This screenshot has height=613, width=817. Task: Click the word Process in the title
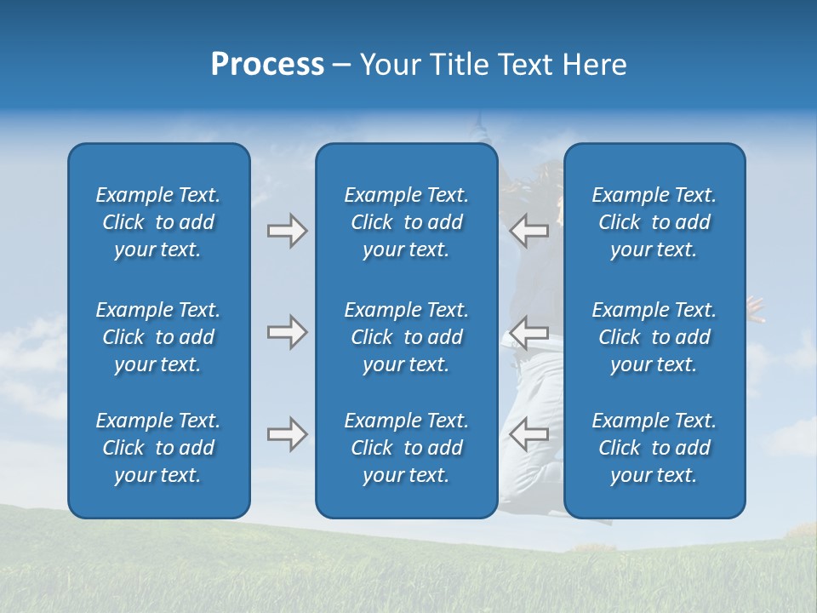tap(267, 65)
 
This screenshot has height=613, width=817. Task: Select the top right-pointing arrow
tap(287, 231)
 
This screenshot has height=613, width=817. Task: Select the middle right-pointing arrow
tap(287, 332)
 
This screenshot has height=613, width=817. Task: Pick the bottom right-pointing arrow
tap(287, 434)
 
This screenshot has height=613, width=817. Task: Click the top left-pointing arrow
tap(528, 231)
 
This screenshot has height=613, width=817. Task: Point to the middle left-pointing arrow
tap(528, 332)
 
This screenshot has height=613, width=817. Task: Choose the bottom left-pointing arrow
tap(528, 434)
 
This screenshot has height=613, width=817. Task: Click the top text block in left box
tap(158, 222)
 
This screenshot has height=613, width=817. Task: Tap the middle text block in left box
tap(158, 337)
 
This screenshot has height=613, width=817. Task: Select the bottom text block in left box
tap(158, 448)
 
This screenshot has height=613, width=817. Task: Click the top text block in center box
tap(407, 222)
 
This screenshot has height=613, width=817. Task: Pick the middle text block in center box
tap(407, 337)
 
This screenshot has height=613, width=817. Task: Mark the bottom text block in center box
tap(407, 448)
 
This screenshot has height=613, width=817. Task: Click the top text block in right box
tap(654, 222)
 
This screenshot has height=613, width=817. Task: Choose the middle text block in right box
tap(654, 337)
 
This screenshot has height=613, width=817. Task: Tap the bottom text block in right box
tap(654, 448)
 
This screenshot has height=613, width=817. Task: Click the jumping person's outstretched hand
tap(755, 307)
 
